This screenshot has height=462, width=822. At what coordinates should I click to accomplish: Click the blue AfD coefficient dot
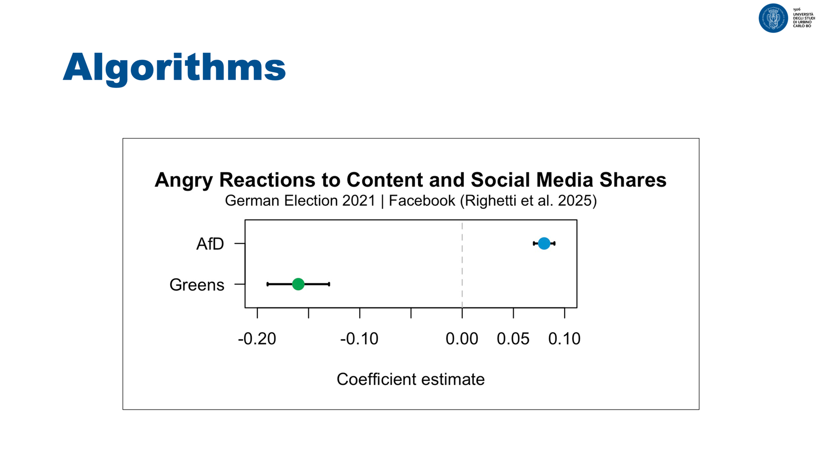544,243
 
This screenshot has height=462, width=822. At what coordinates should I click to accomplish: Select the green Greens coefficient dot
298,284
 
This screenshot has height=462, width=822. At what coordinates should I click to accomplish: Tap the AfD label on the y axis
210,244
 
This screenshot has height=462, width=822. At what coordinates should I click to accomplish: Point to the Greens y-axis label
197,285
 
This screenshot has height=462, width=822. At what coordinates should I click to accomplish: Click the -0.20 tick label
257,339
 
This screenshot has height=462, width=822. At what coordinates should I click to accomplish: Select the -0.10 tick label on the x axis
359,339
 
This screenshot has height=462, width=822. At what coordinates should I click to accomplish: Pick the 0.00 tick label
462,339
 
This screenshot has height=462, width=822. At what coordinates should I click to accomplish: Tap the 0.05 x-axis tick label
513,339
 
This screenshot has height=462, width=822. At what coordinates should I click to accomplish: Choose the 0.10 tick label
564,339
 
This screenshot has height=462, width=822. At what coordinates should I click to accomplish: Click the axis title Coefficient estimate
410,379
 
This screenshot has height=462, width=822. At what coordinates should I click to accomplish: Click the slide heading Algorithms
174,67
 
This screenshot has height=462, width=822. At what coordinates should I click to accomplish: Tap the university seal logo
773,18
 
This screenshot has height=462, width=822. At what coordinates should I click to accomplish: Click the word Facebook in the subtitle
422,201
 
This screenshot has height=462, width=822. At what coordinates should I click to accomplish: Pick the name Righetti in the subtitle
491,201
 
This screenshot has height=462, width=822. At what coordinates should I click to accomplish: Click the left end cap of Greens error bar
268,284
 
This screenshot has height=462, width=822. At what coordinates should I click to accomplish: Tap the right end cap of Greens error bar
329,284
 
